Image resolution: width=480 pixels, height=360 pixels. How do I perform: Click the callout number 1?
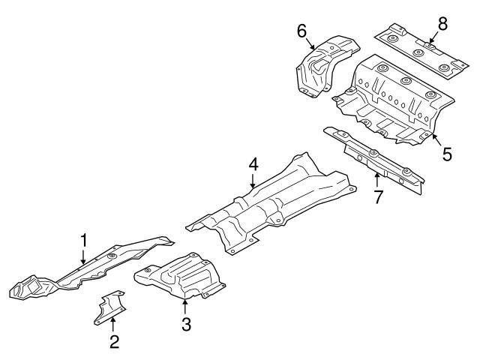tap(84, 241)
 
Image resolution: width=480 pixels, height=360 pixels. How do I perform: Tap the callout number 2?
tap(114, 342)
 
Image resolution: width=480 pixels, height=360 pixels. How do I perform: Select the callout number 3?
tap(186, 324)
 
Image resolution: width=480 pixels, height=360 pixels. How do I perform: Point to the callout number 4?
tap(253, 165)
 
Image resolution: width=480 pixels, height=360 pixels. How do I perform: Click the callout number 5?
tap(447, 154)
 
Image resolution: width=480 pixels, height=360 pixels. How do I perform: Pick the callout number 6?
tap(301, 31)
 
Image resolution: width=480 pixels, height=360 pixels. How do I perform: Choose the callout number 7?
tap(378, 196)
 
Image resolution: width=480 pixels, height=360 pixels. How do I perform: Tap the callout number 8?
tap(442, 23)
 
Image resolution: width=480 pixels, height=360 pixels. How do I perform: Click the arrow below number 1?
tap(83, 256)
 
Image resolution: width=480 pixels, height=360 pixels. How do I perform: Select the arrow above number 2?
tap(113, 325)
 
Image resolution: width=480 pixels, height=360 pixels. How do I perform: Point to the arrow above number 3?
tap(184, 307)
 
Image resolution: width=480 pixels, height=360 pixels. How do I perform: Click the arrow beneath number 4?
tap(253, 181)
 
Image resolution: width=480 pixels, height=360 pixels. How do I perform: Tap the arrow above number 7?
tap(377, 180)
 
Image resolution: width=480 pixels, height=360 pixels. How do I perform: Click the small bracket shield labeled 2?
tap(110, 307)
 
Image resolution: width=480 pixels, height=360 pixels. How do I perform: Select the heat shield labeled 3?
tap(181, 275)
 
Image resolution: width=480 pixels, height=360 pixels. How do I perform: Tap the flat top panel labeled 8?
tap(421, 52)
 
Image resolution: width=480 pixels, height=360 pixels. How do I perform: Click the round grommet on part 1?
tap(112, 256)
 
